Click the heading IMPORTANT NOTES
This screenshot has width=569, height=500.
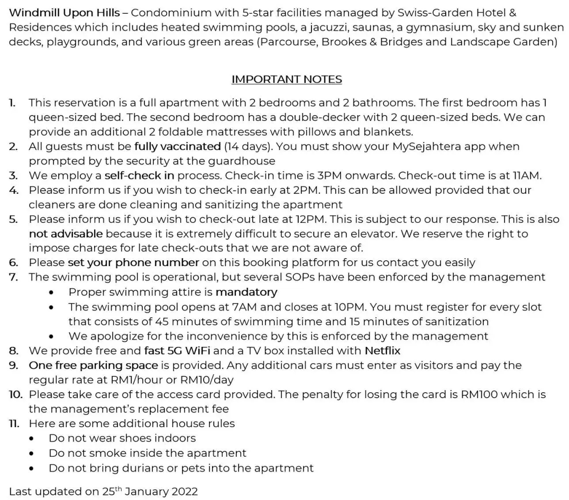point(287,79)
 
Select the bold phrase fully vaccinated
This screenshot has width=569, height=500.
point(178,147)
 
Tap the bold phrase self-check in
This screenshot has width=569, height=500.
point(139,176)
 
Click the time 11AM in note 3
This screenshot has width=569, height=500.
point(526,176)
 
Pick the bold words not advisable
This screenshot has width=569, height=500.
point(66,234)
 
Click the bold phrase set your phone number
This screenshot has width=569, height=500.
point(133,263)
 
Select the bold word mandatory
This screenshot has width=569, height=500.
point(247,292)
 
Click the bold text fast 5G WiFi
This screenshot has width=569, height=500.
point(177,351)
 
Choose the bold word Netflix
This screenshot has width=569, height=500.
point(382,351)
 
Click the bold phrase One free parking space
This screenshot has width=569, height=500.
point(93,365)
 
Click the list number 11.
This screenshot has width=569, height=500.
point(14,424)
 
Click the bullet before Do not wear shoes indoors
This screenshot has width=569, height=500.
point(31,439)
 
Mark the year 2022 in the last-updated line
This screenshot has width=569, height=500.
point(185,492)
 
